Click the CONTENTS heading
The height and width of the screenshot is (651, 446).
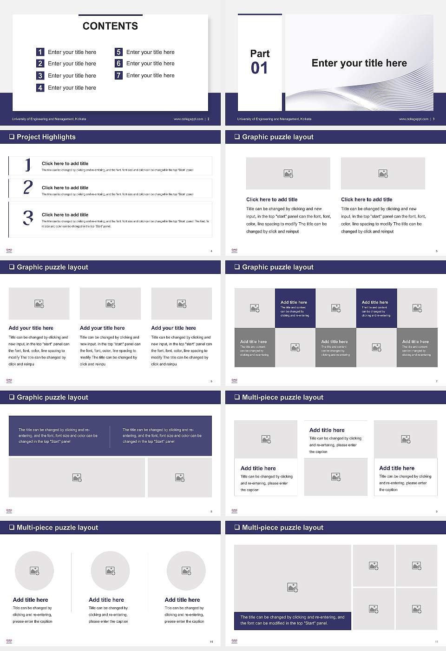[x=110, y=26]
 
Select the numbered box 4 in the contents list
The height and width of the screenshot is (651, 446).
[x=40, y=87]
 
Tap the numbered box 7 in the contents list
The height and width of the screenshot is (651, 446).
[x=119, y=75]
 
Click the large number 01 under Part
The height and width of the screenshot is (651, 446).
[x=259, y=68]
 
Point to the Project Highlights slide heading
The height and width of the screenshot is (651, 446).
[x=46, y=137]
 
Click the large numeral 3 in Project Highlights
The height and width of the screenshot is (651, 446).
[x=28, y=218]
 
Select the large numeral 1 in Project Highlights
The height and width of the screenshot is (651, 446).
[x=28, y=165]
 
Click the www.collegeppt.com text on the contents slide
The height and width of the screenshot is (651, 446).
[x=188, y=119]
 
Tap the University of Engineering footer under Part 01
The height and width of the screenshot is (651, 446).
[x=274, y=119]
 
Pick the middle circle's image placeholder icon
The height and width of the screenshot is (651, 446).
[x=110, y=571]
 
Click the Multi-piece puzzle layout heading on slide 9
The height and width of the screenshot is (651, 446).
[x=282, y=397]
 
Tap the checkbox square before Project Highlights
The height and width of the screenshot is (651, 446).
[x=12, y=137]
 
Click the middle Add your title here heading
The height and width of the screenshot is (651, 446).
[x=102, y=328]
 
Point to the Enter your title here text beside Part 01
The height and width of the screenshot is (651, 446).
[x=359, y=63]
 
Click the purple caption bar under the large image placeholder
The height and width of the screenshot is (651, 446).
[x=292, y=620]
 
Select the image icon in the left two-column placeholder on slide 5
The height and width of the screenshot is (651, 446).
[x=288, y=173]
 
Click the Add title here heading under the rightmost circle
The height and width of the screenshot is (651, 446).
[x=182, y=600]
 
